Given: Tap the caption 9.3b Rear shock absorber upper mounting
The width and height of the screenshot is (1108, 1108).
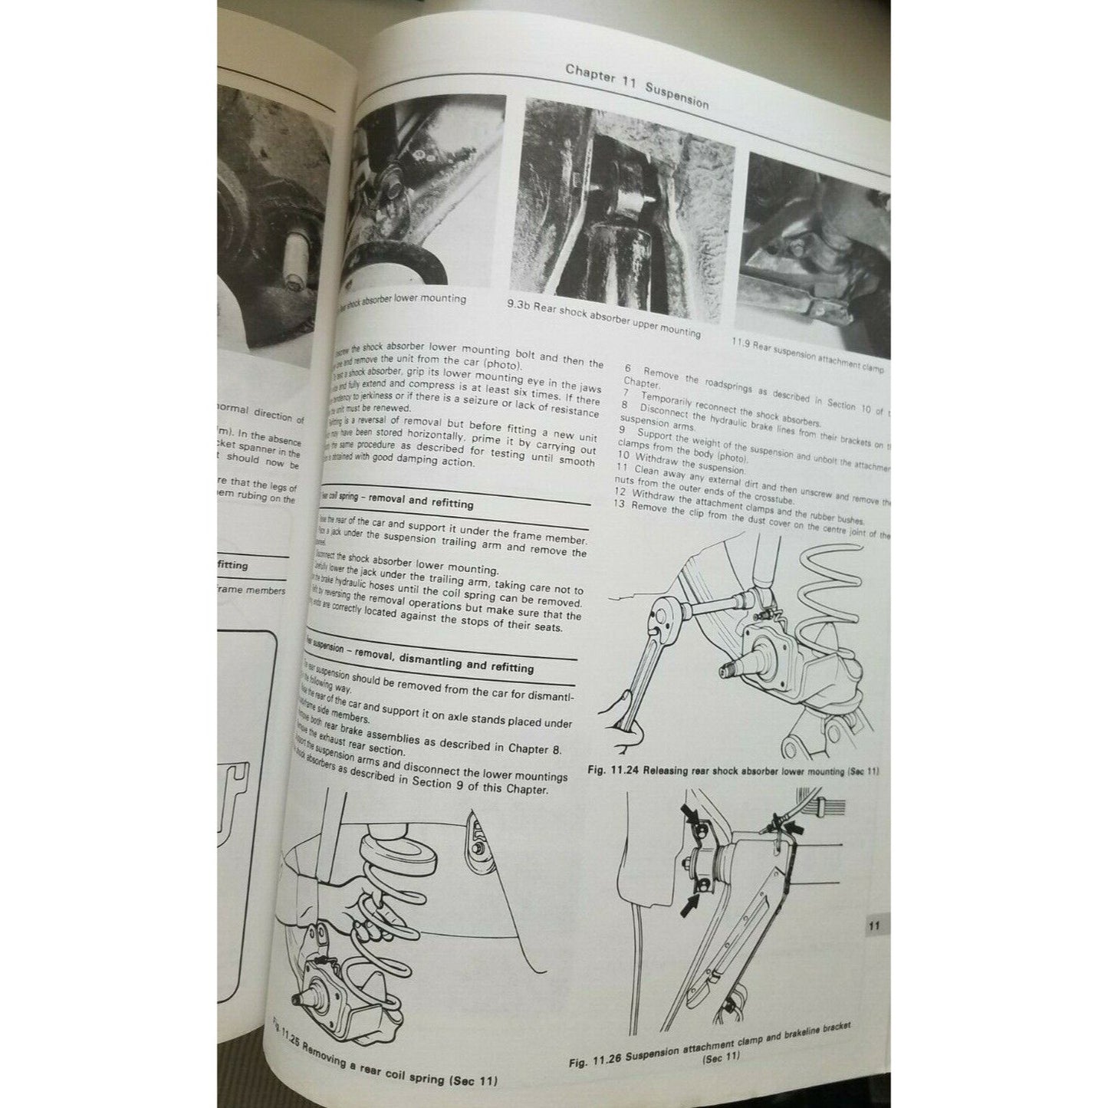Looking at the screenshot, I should coord(603,319).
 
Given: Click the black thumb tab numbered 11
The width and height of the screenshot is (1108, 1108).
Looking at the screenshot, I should coord(873,925).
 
